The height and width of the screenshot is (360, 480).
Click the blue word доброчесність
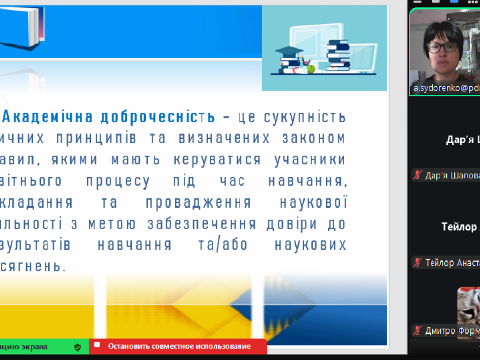pyautogui.click(x=158, y=117)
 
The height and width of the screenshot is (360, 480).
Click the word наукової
pyautogui.click(x=313, y=202)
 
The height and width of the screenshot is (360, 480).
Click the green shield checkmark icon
pyautogui.click(x=78, y=347)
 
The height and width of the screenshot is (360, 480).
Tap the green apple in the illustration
pyautogui.click(x=310, y=69)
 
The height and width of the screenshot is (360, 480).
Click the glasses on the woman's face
pyautogui.click(x=442, y=48)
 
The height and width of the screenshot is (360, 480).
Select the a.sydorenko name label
pyautogui.click(x=445, y=88)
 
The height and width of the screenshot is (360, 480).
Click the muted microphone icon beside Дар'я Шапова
pyautogui.click(x=417, y=175)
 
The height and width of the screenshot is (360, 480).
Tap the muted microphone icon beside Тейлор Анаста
pyautogui.click(x=417, y=262)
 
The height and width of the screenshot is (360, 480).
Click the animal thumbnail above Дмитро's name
pyautogui.click(x=469, y=305)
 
